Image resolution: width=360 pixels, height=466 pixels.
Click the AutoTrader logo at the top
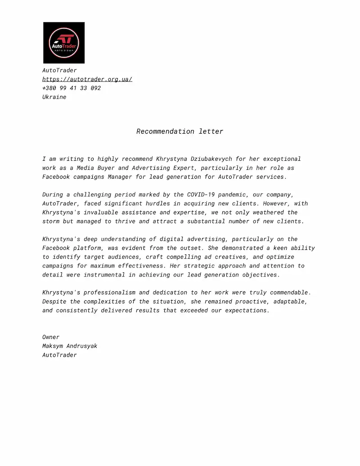coord(64,43)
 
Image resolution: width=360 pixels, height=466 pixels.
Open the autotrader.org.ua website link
coord(87,79)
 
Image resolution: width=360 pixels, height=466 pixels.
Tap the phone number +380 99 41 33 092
coord(72,88)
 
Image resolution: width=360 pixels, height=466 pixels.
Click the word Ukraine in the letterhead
coord(54,97)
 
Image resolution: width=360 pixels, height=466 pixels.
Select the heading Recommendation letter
coord(180,131)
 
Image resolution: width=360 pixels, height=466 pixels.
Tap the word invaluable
coord(103,213)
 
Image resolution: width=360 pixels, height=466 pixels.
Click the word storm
coord(51,221)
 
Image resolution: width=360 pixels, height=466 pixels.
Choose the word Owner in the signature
coord(51,337)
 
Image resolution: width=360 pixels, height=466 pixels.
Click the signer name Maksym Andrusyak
coord(70,346)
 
